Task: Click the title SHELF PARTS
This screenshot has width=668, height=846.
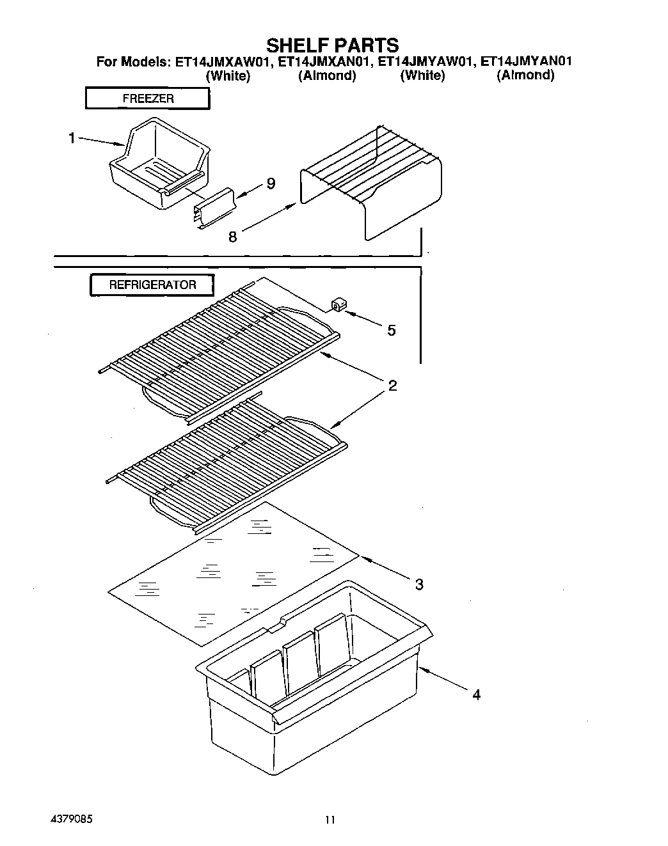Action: click(x=332, y=45)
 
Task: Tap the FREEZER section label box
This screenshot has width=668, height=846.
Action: click(x=148, y=98)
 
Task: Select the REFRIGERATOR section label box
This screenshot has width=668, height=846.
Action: click(x=152, y=285)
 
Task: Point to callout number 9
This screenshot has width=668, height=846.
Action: click(x=271, y=184)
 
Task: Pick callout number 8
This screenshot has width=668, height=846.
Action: click(x=232, y=237)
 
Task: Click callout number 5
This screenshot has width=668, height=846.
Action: click(x=391, y=330)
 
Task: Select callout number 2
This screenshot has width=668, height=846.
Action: click(x=392, y=386)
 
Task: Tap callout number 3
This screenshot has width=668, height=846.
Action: click(x=419, y=584)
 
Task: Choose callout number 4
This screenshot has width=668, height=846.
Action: click(x=476, y=694)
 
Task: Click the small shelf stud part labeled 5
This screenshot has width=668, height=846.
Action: click(x=337, y=305)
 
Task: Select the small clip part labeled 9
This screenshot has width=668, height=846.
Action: click(x=214, y=208)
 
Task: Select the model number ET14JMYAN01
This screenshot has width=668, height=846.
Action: click(x=526, y=62)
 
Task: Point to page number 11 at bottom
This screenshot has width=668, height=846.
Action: click(x=330, y=820)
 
